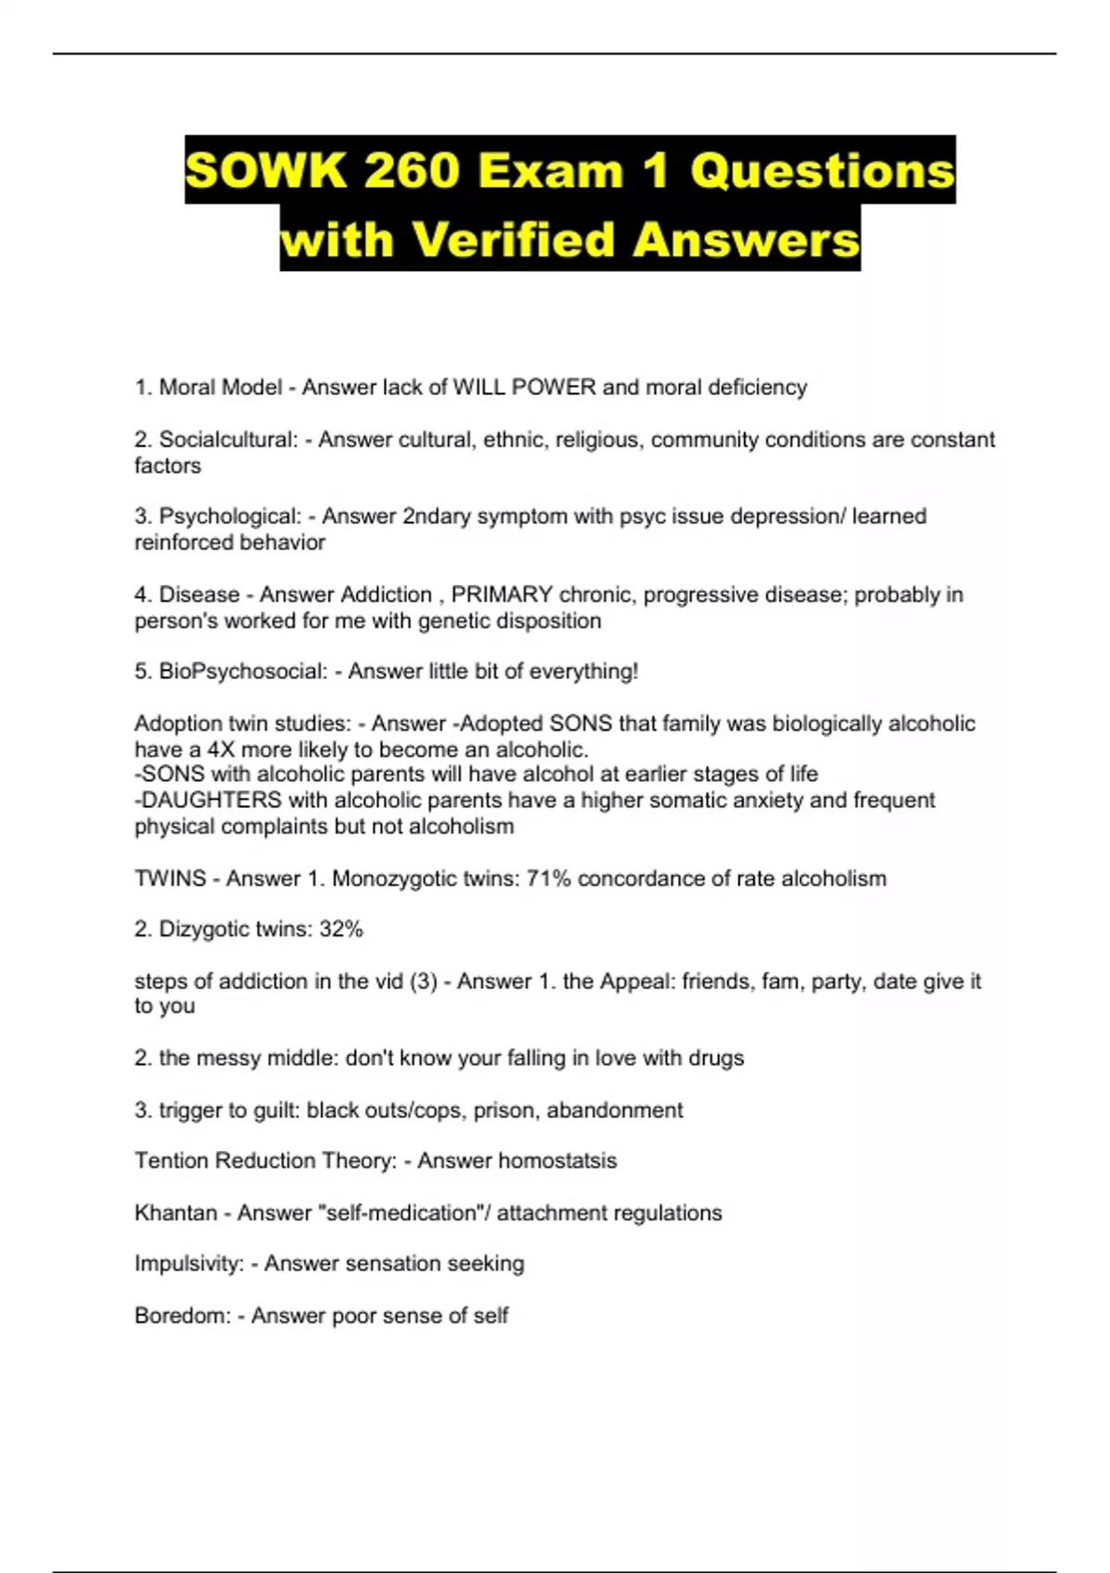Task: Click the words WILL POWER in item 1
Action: tap(524, 387)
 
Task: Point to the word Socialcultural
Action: tap(228, 440)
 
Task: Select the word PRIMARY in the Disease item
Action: tap(501, 594)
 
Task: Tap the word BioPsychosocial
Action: tap(242, 672)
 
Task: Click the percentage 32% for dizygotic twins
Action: tap(340, 929)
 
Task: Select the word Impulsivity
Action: tap(189, 1264)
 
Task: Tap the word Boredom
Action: tap(181, 1316)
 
